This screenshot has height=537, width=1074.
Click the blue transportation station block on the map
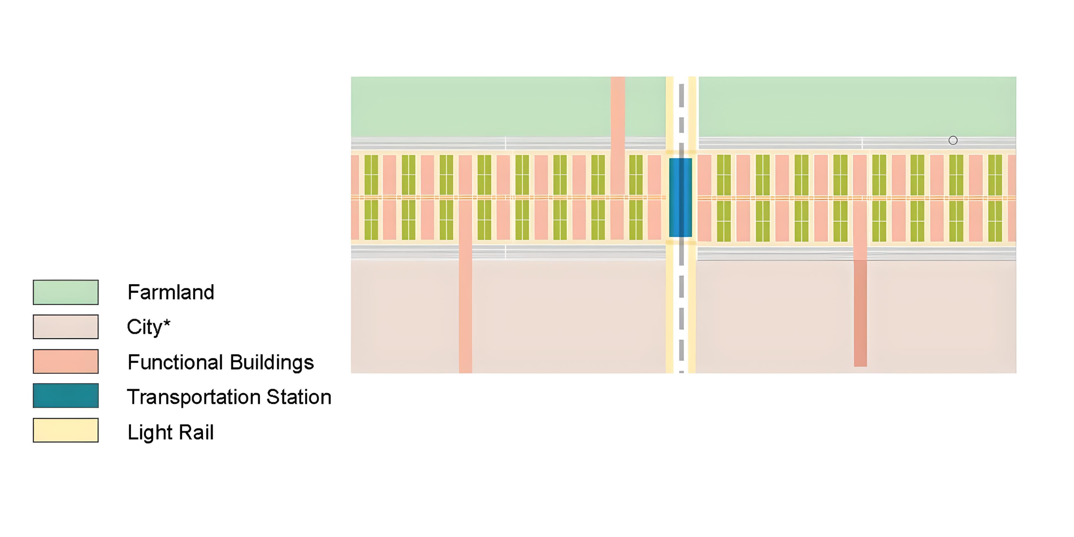click(680, 197)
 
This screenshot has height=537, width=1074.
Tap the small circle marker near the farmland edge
click(953, 140)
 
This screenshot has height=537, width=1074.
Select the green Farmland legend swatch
click(65, 292)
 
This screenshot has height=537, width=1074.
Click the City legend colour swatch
click(65, 327)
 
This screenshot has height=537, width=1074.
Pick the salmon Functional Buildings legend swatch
click(65, 361)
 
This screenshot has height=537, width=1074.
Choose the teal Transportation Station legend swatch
click(65, 396)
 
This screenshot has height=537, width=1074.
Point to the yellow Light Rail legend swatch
click(65, 430)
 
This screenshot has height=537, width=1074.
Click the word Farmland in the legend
click(171, 292)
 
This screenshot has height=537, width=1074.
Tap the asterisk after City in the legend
click(167, 323)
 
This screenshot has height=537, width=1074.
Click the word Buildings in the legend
click(271, 362)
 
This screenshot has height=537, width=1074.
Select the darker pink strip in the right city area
click(860, 313)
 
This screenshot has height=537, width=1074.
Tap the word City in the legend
click(144, 327)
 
